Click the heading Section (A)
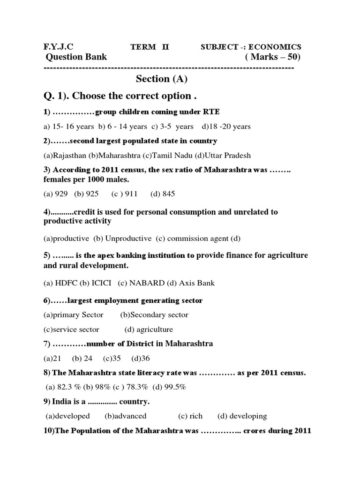158,79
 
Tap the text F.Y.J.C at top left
59,47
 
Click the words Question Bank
76,57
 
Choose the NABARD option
142,283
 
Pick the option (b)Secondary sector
154,315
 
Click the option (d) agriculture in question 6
149,330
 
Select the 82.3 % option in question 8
64,387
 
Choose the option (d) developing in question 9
242,416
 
